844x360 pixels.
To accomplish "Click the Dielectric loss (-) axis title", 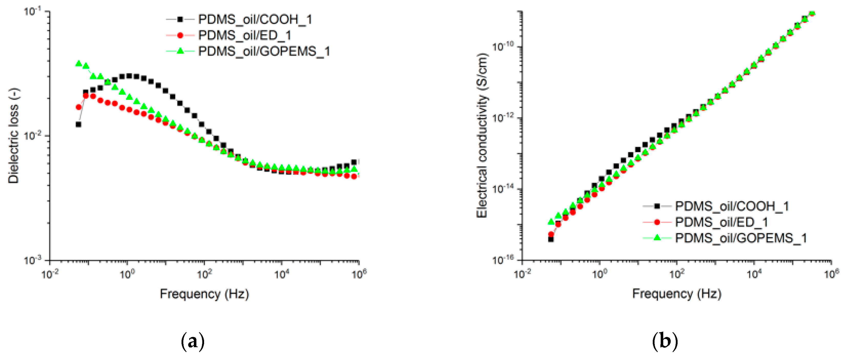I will [x=14, y=136].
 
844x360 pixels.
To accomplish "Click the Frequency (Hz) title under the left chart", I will [x=204, y=294].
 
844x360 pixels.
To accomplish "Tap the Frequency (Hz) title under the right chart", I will [x=677, y=294].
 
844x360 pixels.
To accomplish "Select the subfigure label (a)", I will [x=193, y=342].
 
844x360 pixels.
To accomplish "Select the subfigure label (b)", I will [x=665, y=342].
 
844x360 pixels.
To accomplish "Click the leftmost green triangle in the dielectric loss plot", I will [x=79, y=64].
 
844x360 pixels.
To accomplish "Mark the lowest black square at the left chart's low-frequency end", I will [x=78, y=124].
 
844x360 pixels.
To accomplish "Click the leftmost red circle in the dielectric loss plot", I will [x=79, y=107].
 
